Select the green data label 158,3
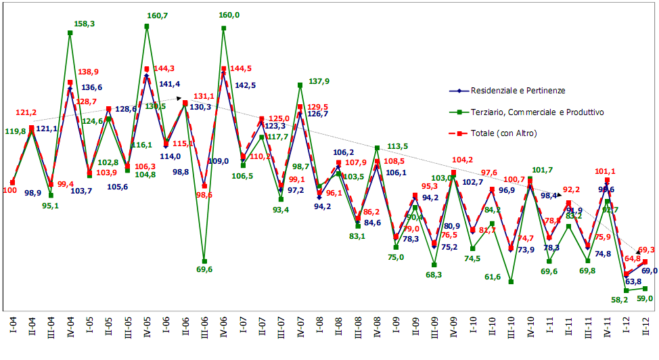point(85,24)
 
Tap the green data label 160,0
point(229,15)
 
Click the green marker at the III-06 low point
point(204,261)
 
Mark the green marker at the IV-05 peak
point(147,26)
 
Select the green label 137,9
point(319,81)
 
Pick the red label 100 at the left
point(10,191)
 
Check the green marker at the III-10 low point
point(511,282)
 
